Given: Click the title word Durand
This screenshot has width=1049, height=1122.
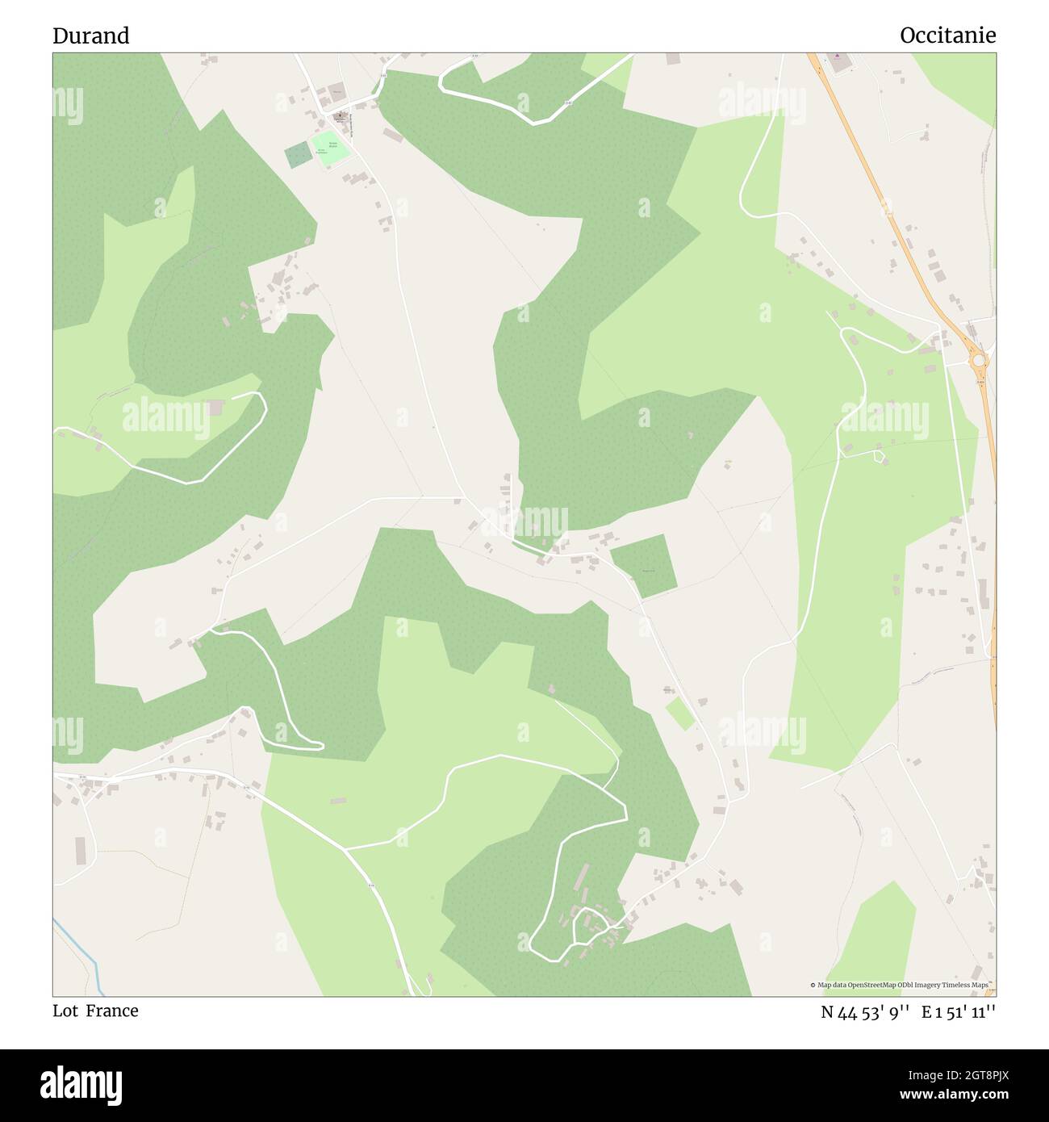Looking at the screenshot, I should [90, 36].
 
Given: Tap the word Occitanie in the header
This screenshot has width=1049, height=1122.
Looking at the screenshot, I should [947, 36].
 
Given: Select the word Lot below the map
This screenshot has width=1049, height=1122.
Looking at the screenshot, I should [65, 1011].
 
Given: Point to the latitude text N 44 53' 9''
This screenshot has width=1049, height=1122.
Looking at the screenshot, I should [866, 1012].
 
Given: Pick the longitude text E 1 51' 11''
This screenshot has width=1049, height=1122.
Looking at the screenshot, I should [959, 1012].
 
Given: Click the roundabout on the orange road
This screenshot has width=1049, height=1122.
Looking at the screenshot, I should [978, 360].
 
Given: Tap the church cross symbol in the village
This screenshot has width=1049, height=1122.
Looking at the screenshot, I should [340, 115].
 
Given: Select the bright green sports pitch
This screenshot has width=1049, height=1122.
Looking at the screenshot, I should [331, 149].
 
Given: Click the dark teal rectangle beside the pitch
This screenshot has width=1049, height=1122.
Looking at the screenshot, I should [298, 154].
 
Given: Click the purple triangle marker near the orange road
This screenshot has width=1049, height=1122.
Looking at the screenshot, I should [837, 57].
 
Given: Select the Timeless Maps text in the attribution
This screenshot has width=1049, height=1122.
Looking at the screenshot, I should [969, 985].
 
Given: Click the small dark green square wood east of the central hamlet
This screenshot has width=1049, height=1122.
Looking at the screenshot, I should [643, 565].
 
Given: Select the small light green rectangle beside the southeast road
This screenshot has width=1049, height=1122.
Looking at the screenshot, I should [679, 714].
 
